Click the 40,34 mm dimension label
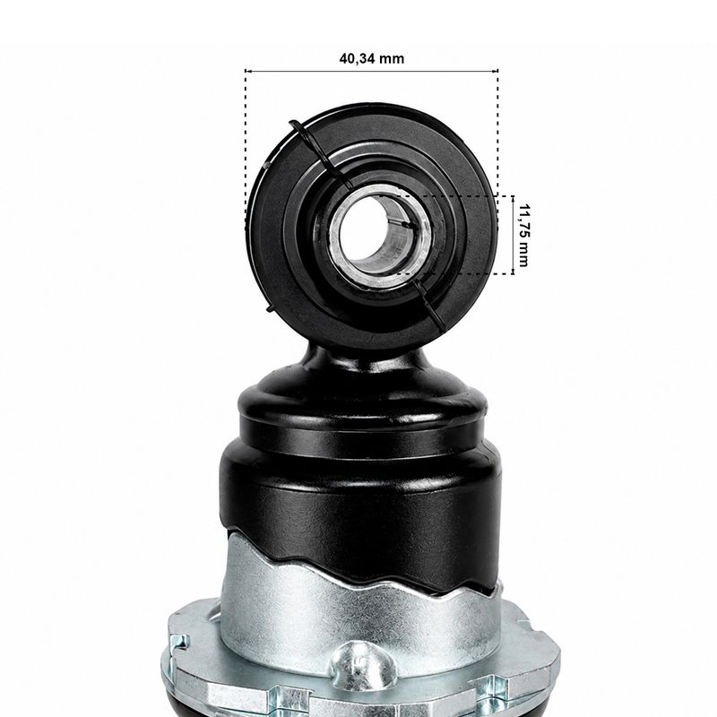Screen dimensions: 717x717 point(372,58)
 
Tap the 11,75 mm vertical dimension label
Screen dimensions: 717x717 point(523,235)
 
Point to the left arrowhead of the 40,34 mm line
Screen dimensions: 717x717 point(247,71)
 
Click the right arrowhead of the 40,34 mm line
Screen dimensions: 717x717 point(497,71)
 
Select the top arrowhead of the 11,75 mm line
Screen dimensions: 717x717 point(513,198)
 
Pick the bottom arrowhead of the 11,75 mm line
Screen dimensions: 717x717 point(513,272)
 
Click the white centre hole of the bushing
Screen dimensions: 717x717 point(365,232)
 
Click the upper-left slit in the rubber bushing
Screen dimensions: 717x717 point(320,153)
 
